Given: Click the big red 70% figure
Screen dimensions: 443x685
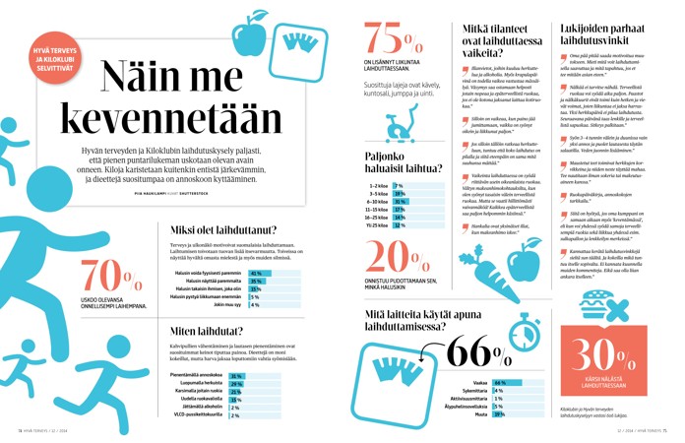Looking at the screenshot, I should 98,278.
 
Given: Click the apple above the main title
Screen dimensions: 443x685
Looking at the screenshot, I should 248,39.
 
